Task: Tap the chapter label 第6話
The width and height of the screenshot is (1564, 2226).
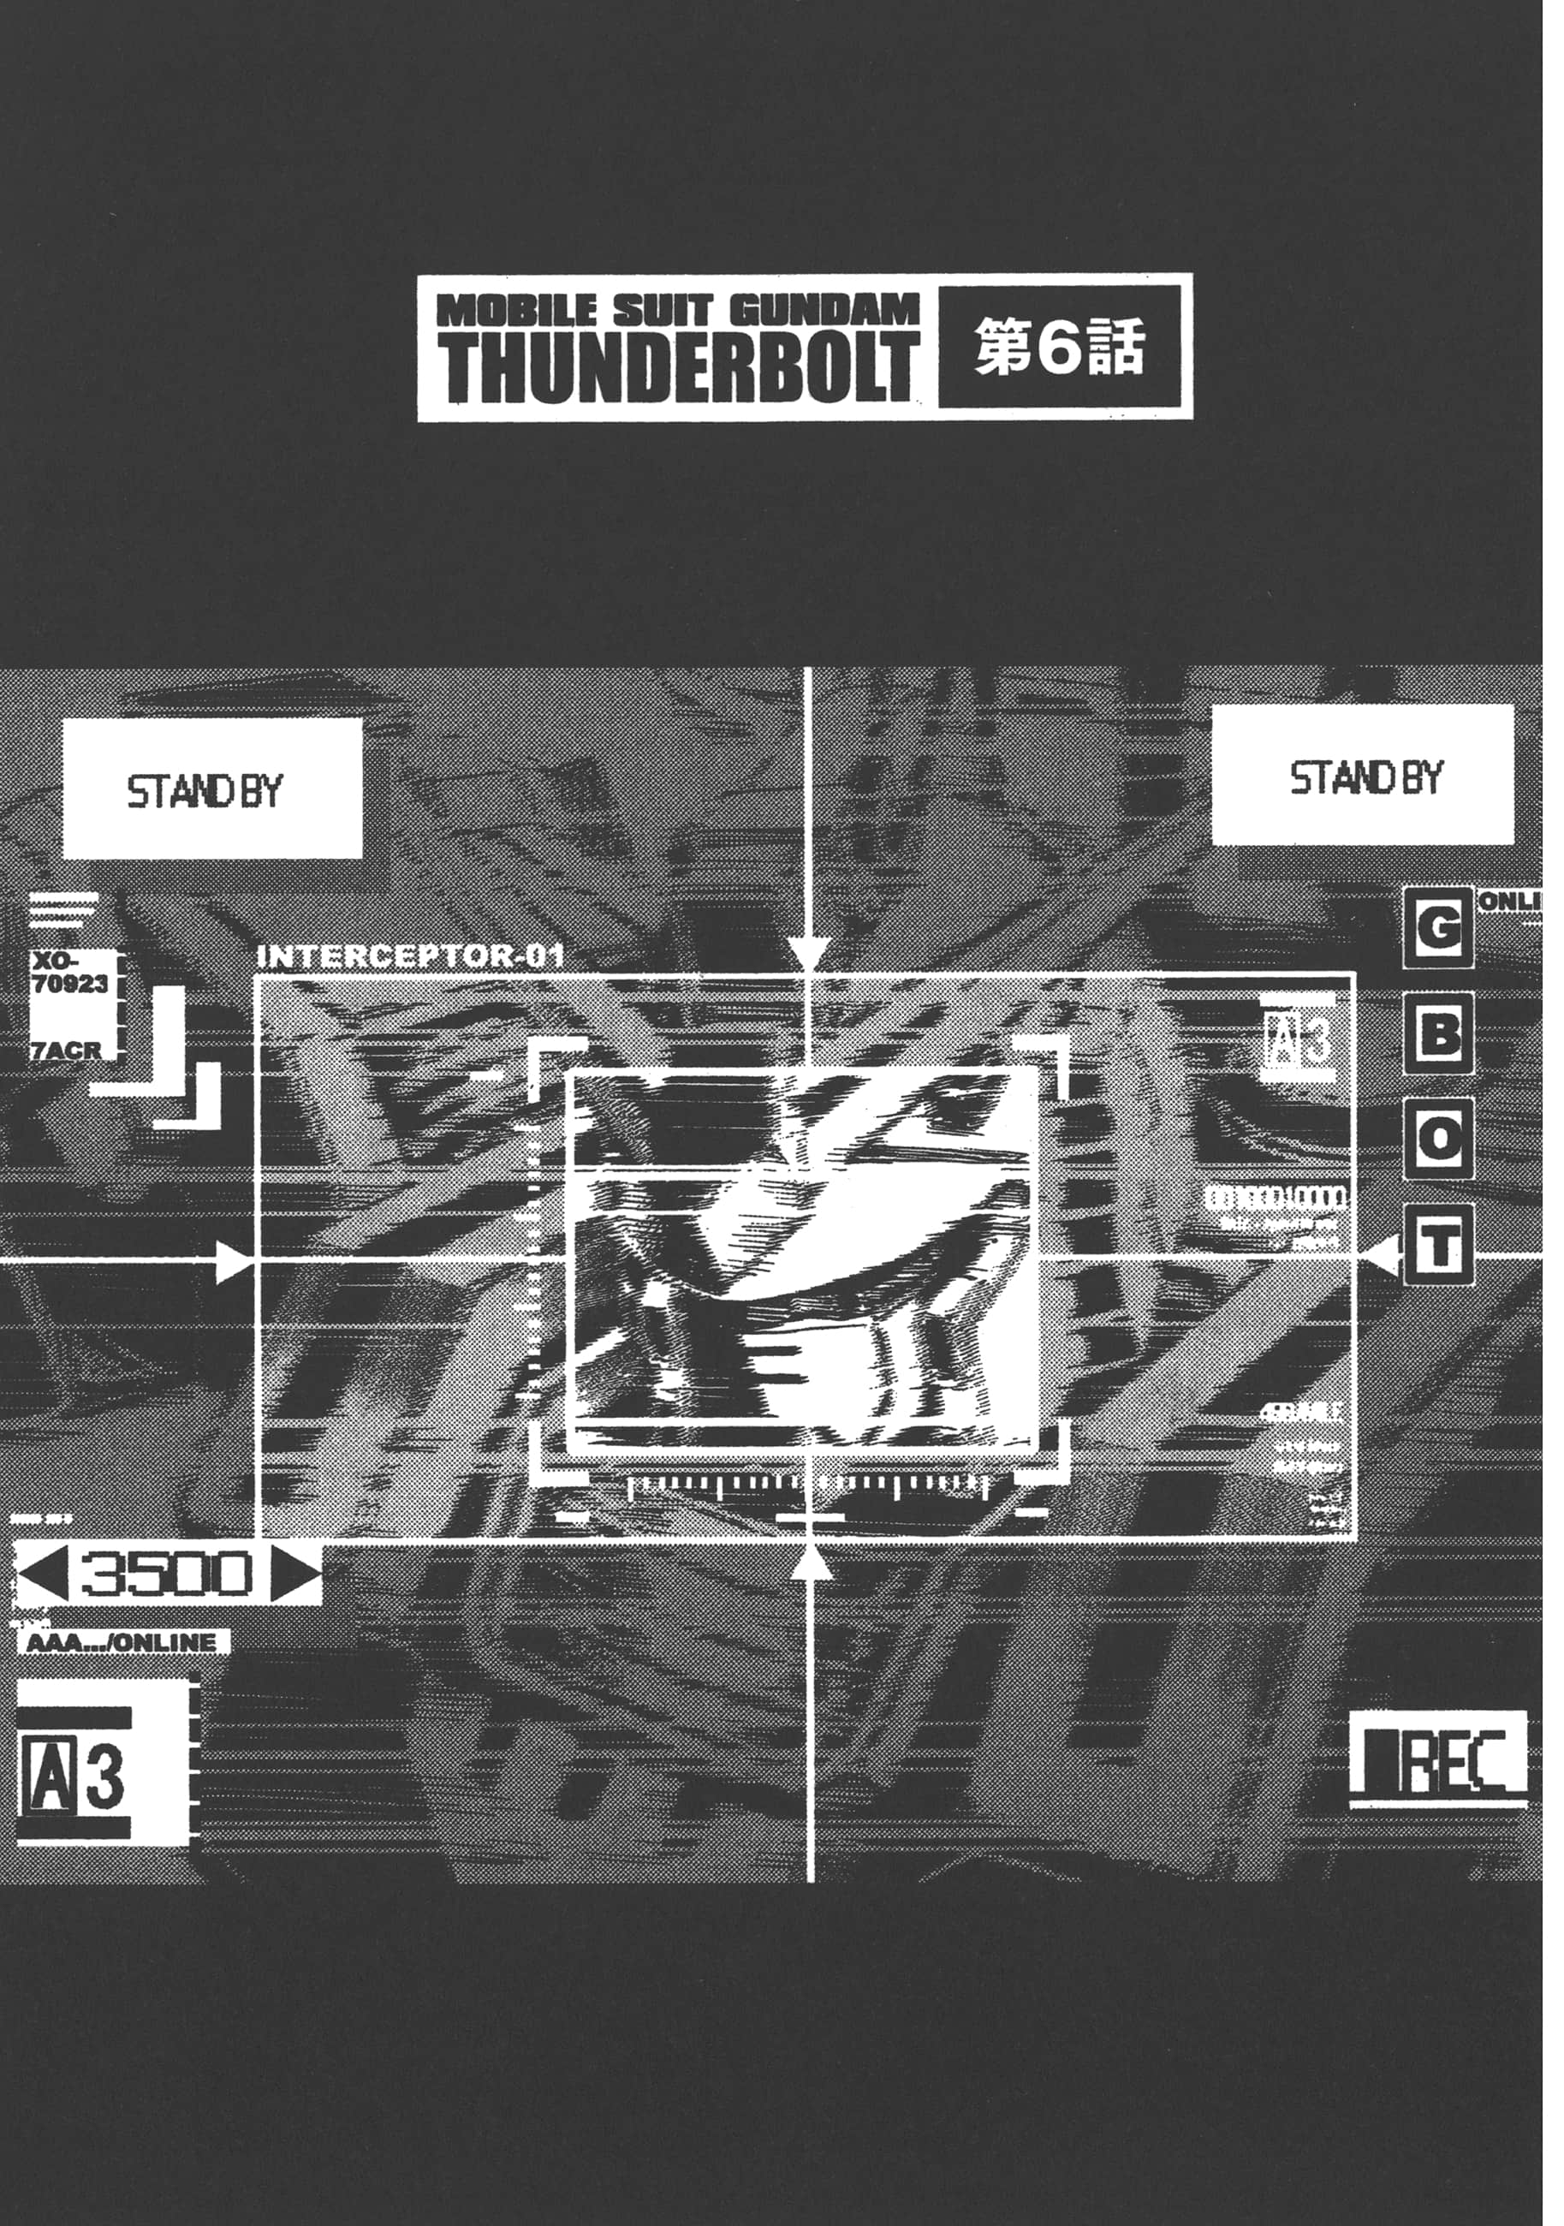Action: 1060,346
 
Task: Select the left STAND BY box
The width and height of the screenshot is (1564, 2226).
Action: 211,789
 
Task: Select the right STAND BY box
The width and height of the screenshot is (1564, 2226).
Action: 1362,777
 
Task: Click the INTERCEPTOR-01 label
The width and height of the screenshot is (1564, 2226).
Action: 409,957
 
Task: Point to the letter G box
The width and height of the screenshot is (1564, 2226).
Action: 1439,928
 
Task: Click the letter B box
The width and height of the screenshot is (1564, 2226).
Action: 1439,1034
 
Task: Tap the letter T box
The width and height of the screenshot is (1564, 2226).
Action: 1439,1246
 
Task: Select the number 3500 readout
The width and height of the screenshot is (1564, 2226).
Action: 168,1573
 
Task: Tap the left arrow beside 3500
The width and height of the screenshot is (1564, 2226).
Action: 43,1573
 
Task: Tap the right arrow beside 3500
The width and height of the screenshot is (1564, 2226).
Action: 294,1573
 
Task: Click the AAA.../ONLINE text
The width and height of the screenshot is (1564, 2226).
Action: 122,1642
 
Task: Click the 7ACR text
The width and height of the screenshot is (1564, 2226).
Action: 66,1050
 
